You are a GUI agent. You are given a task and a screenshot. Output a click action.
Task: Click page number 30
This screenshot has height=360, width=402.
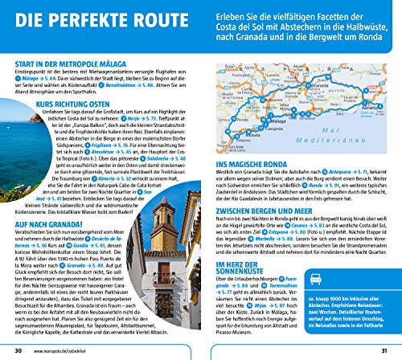point(18,350)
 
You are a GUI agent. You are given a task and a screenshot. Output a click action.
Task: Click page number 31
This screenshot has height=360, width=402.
point(383,350)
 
